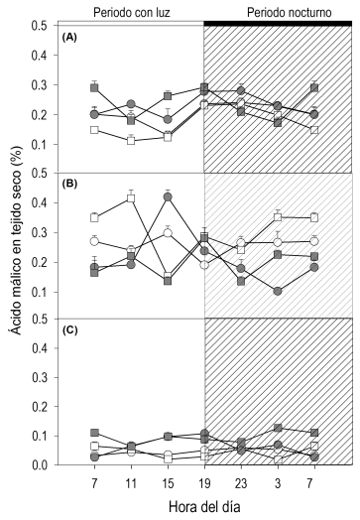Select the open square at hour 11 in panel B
click(x=131, y=198)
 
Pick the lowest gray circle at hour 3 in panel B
click(x=278, y=291)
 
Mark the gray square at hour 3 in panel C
click(x=278, y=428)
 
